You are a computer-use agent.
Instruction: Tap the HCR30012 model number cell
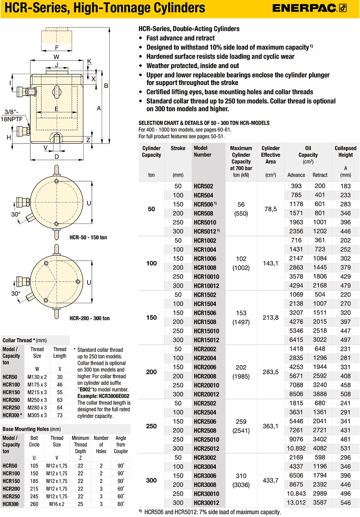tap(206, 502)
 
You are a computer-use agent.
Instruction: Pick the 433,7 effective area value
tap(270, 480)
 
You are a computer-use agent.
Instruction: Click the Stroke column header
tap(178, 148)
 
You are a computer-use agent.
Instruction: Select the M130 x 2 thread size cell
tap(37, 376)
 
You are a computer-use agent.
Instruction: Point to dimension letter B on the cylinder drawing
tap(106, 86)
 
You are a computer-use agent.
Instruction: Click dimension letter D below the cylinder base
tap(56, 157)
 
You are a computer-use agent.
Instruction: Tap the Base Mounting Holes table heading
tap(32, 429)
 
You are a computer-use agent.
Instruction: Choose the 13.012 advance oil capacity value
tap(296, 502)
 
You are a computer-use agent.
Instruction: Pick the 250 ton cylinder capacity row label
tap(152, 425)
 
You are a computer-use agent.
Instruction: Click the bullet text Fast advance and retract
tap(180, 38)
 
